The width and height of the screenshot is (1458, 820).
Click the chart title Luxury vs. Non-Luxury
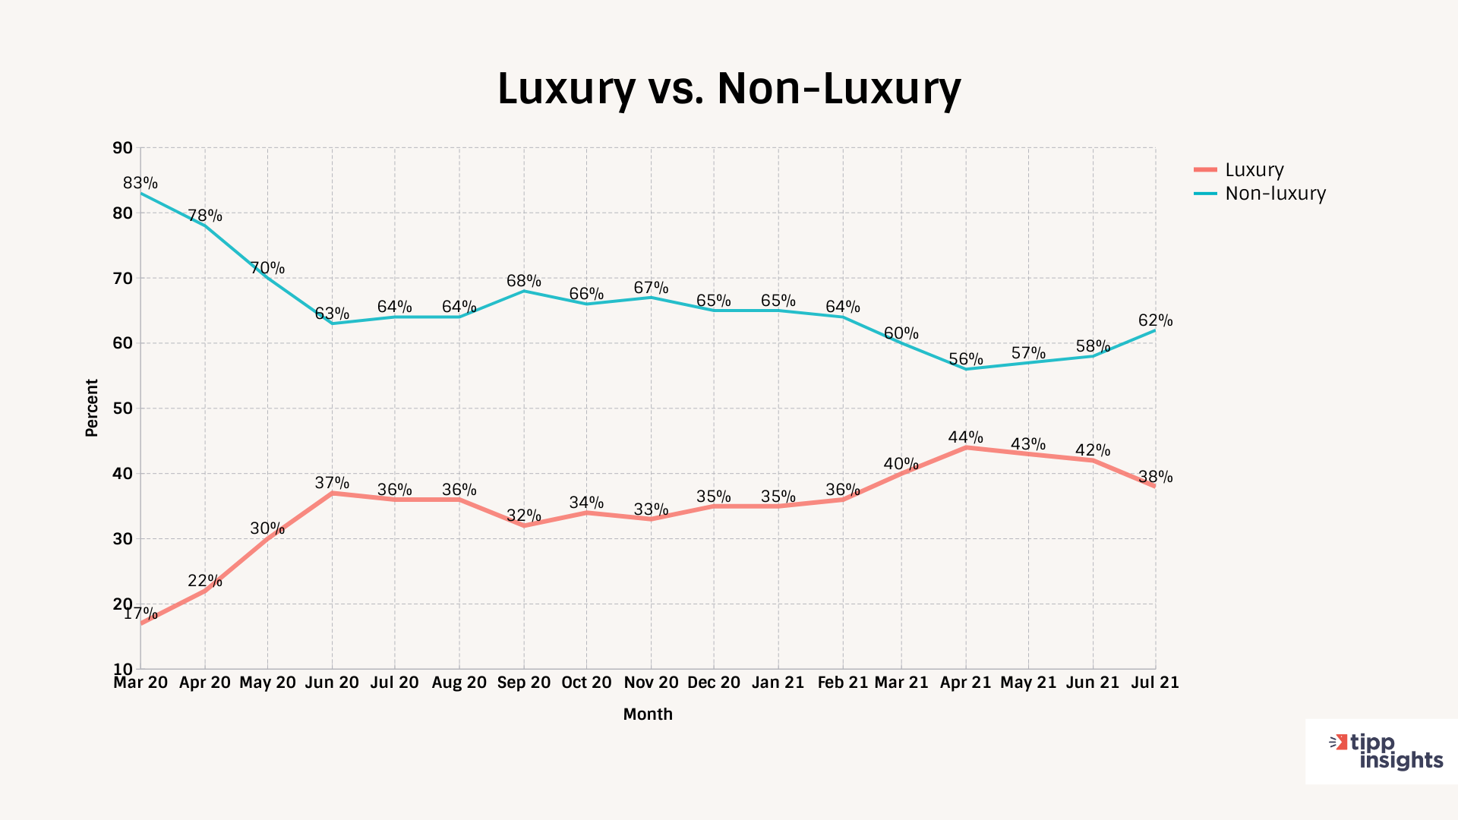[729, 88]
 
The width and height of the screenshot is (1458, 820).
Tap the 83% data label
[140, 183]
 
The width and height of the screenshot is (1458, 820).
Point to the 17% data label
[140, 613]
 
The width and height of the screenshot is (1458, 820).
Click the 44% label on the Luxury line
[965, 437]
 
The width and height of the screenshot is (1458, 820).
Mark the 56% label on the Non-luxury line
[965, 359]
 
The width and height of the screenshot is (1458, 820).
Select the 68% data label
[524, 281]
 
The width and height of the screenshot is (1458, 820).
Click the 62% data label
[1155, 320]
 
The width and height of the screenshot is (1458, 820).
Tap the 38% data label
[1155, 477]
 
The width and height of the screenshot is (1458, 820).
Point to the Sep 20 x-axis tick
[524, 683]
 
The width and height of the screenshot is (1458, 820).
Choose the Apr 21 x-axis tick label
[965, 683]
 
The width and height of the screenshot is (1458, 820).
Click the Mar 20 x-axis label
[140, 683]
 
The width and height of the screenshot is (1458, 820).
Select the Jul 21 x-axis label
[1155, 683]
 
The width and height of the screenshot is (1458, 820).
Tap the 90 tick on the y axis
[122, 148]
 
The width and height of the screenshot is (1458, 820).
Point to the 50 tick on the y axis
[122, 408]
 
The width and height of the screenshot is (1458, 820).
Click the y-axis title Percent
[92, 408]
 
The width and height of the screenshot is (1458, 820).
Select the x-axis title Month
[648, 714]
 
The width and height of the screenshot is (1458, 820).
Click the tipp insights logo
[1386, 752]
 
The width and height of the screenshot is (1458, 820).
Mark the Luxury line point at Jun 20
[332, 494]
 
